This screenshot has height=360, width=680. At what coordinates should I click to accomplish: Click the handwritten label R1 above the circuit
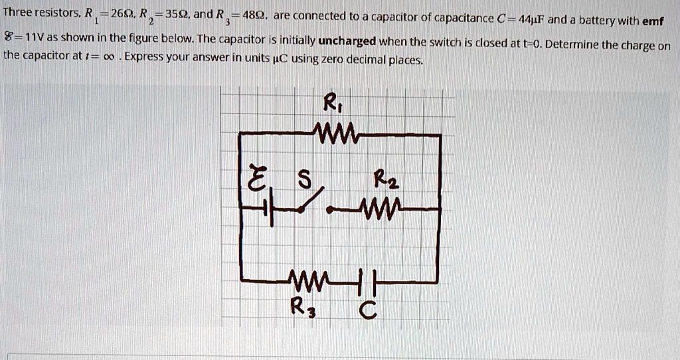[x=330, y=104]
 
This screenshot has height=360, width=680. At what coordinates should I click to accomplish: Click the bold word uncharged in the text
[x=347, y=41]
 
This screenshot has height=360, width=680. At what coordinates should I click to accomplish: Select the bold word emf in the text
[x=653, y=21]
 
